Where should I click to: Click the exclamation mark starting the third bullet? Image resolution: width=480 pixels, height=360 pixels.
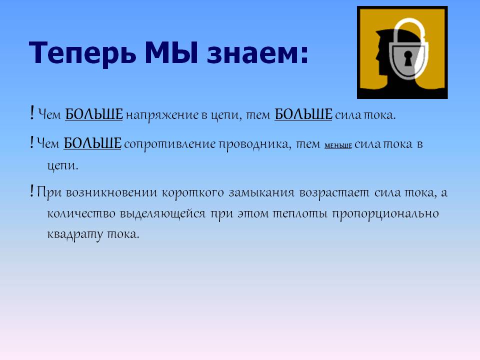[31, 191]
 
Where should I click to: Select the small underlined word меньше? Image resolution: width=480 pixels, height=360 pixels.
[338, 145]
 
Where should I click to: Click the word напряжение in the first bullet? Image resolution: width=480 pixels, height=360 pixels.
[162, 115]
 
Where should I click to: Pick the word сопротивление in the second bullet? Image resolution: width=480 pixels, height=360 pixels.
[169, 144]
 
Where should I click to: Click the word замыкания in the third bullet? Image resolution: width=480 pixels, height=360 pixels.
[261, 193]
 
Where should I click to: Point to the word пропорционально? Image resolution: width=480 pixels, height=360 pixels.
[385, 213]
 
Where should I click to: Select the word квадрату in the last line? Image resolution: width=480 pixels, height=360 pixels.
[75, 234]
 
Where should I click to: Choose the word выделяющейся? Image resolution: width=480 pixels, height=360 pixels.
[162, 213]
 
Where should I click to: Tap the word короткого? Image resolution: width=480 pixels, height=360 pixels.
[193, 193]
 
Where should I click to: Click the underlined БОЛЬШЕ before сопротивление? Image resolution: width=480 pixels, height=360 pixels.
[92, 143]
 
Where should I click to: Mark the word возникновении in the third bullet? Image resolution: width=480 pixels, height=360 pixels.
[111, 193]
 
